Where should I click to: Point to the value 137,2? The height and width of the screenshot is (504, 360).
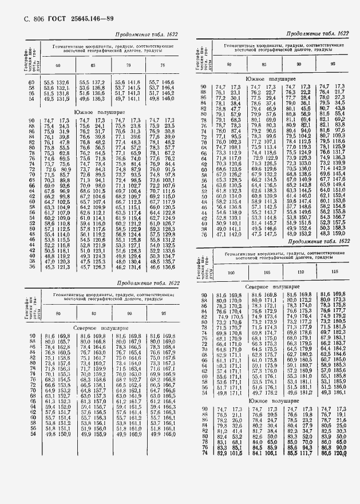97,83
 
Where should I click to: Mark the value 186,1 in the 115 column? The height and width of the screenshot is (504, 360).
342,393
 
